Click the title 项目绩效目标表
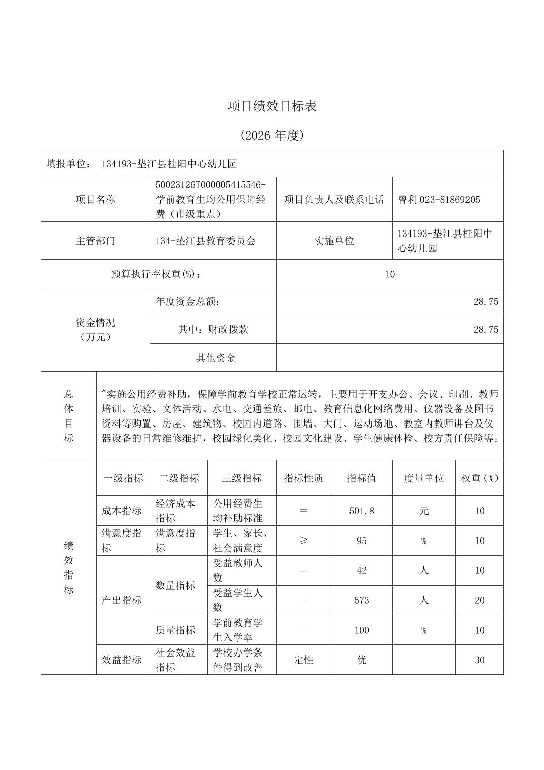[272, 106]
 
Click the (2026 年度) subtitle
[272, 135]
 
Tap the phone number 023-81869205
[450, 200]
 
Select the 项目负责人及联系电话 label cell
[334, 200]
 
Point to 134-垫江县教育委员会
[205, 241]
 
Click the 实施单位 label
[334, 241]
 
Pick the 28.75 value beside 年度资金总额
[485, 302]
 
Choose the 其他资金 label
[216, 358]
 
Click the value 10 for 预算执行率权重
[390, 274]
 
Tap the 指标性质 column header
[303, 478]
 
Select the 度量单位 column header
[423, 478]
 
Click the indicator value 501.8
[361, 511]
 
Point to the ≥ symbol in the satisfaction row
[303, 541]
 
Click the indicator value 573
[361, 600]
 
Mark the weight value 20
[479, 600]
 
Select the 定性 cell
[303, 660]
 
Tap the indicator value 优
[361, 660]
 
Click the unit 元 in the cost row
[423, 511]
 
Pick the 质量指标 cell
[175, 630]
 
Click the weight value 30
[479, 660]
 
